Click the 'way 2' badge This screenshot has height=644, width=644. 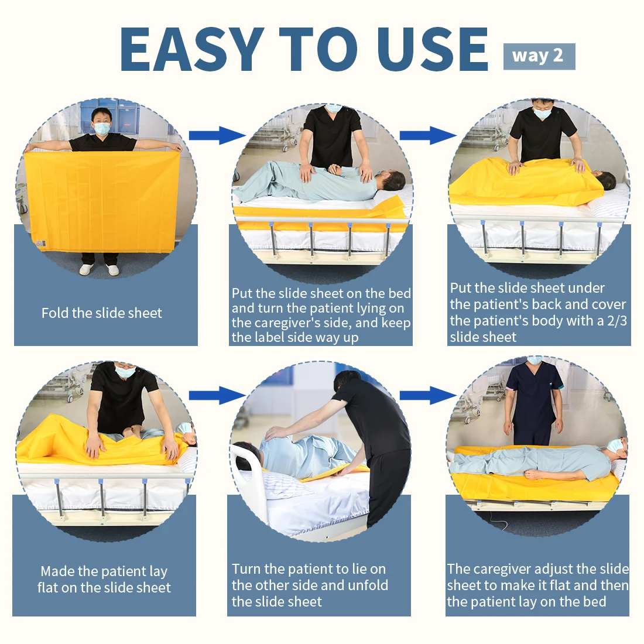[x=539, y=56]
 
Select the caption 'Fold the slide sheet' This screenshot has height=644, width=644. [x=102, y=313]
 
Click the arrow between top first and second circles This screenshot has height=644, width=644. [x=217, y=136]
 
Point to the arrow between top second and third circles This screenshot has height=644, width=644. [x=428, y=136]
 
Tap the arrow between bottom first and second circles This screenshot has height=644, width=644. [x=217, y=395]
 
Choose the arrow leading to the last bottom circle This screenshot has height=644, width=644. [x=428, y=395]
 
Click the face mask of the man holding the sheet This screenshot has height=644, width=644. [x=102, y=129]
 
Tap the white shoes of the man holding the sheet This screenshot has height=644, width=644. [x=99, y=269]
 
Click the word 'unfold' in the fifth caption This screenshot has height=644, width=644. [x=368, y=585]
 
